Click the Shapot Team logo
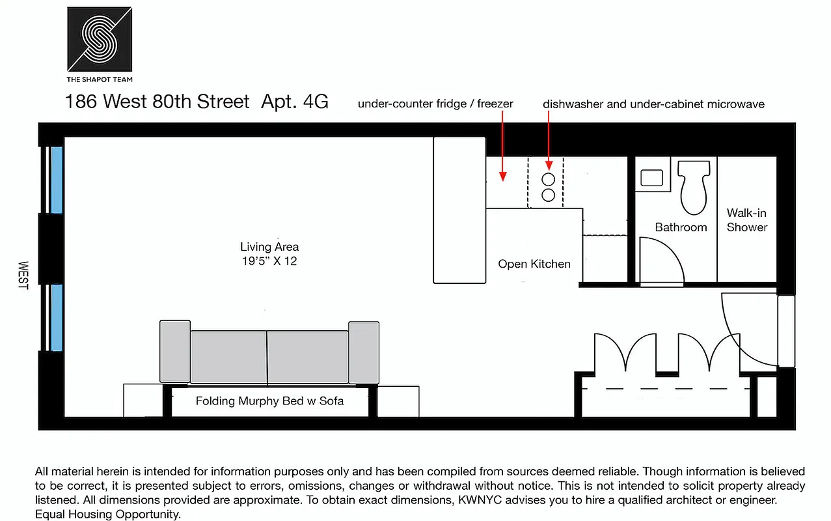tap(100, 39)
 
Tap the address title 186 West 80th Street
tap(157, 102)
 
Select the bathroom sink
tap(651, 178)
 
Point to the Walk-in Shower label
tap(747, 220)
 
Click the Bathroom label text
tap(681, 227)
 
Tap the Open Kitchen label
tap(534, 264)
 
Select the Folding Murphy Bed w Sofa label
tap(269, 401)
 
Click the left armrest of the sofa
tap(174, 352)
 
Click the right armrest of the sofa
tap(364, 352)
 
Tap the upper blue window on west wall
tap(57, 180)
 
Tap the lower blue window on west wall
tap(57, 317)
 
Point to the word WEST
tap(23, 275)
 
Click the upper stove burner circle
tap(549, 180)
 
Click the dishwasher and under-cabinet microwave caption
tap(653, 104)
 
